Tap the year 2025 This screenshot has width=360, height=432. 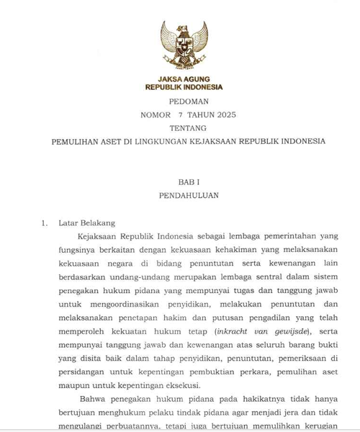click(x=223, y=115)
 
